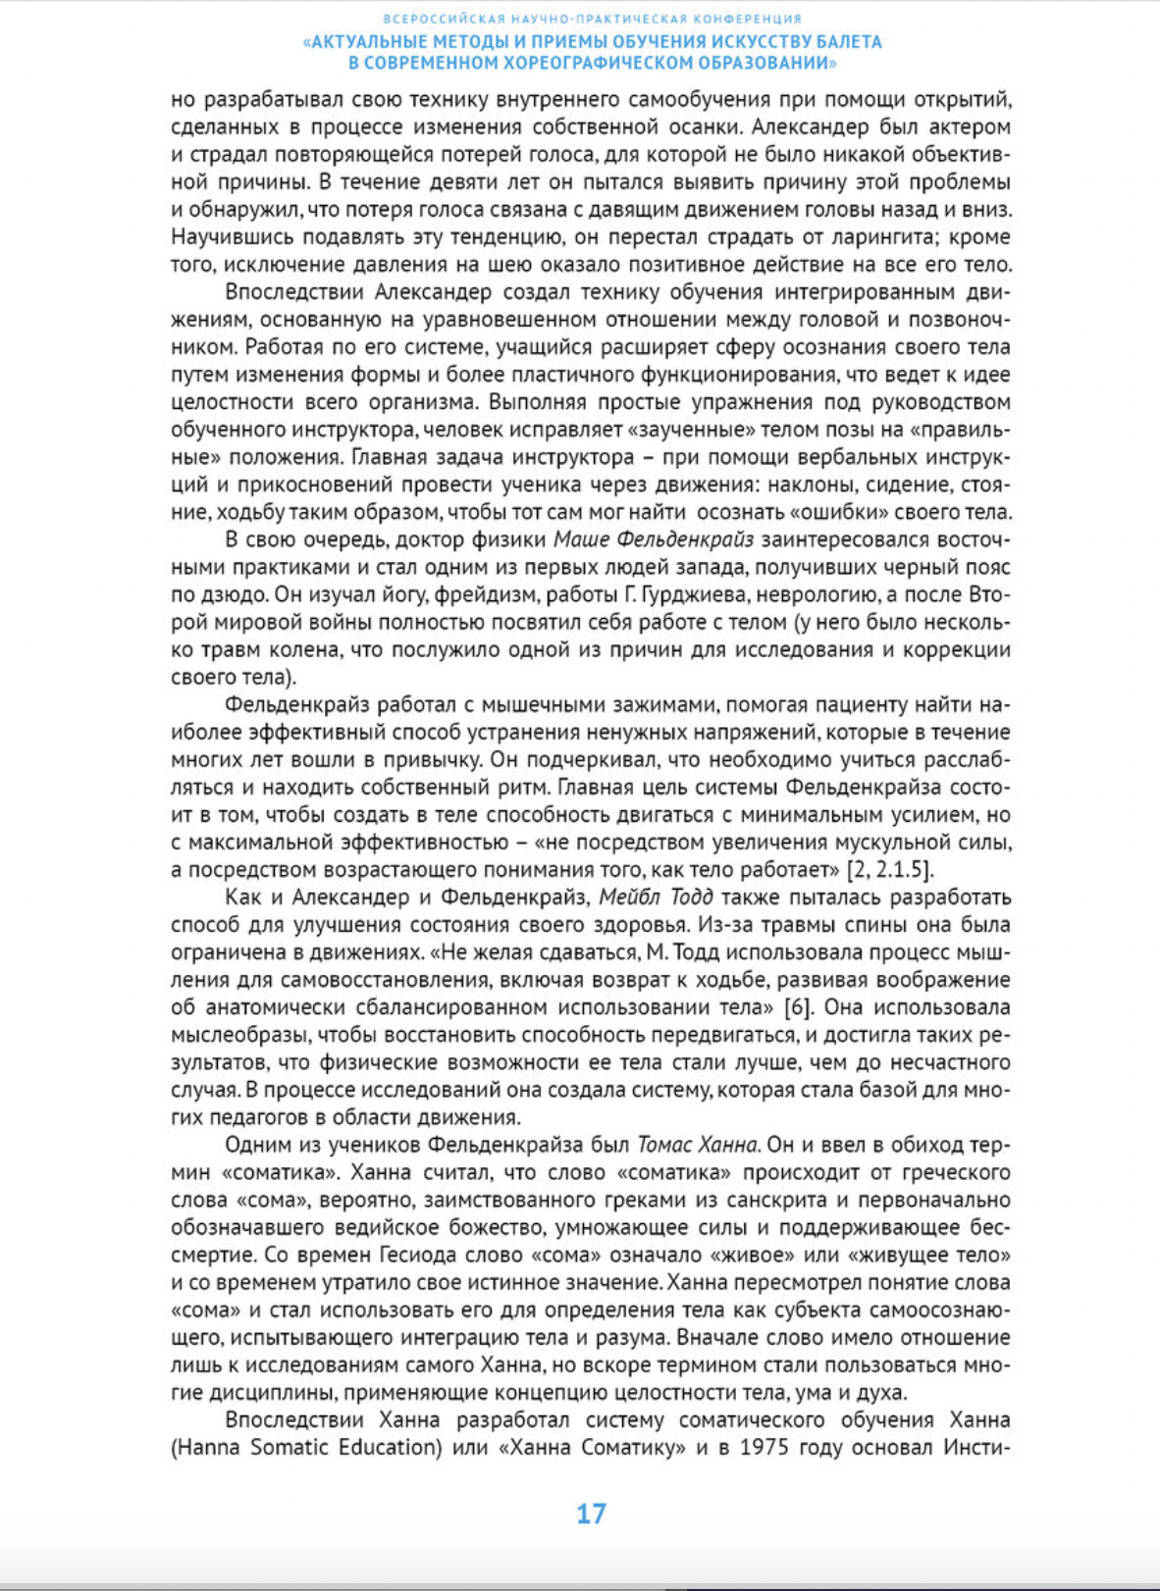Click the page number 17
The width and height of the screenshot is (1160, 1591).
point(591,1514)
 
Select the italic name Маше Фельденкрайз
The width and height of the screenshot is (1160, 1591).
point(654,539)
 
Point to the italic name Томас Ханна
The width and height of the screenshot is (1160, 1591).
point(698,1145)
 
